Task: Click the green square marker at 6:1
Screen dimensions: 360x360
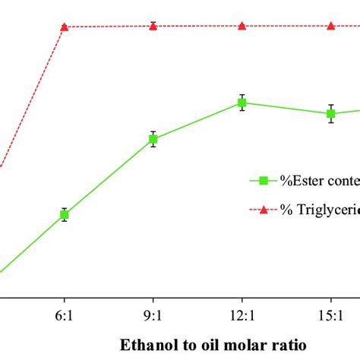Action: pos(65,215)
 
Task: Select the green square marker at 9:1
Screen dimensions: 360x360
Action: pos(153,139)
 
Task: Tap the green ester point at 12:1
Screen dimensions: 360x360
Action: pos(242,103)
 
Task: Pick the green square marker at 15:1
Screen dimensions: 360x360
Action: pos(331,114)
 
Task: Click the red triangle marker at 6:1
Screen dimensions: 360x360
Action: pos(65,27)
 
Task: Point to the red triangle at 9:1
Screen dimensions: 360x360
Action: pos(153,26)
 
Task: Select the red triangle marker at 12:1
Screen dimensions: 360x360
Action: pos(242,26)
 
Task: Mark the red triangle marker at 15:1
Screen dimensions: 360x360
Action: pos(331,26)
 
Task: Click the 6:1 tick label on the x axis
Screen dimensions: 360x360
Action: pos(65,314)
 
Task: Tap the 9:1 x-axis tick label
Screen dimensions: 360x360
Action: pos(153,314)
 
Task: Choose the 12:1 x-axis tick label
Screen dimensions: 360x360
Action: pos(242,314)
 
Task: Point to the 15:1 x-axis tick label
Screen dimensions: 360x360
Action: pos(331,314)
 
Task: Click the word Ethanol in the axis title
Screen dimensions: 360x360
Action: pos(145,345)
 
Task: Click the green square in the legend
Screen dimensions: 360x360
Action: pos(264,181)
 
